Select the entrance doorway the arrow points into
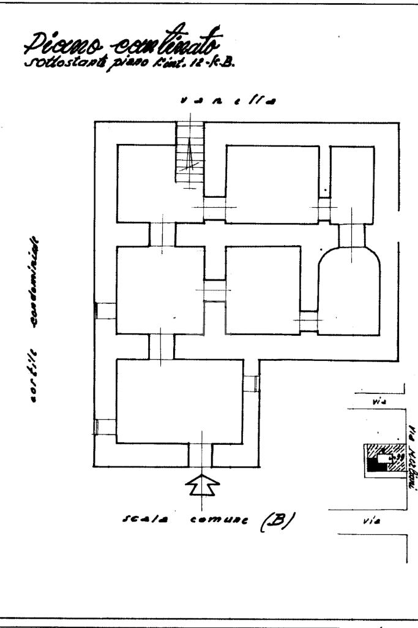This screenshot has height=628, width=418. (200, 454)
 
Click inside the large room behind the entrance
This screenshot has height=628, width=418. (177, 401)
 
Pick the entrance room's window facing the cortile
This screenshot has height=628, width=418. (105, 426)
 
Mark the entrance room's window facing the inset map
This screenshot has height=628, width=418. (251, 384)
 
